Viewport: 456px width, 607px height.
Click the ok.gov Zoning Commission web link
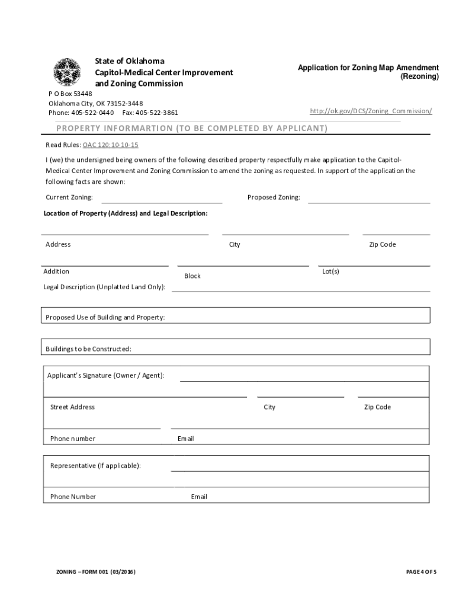371,111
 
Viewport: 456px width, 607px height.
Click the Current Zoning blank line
162,202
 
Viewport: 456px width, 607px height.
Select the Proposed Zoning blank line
368,202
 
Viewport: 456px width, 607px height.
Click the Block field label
192,276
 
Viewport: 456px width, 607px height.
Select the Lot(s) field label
330,271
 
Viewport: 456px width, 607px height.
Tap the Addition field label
56,271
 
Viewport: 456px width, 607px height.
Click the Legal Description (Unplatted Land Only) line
300,290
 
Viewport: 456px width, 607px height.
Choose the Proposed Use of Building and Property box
236,317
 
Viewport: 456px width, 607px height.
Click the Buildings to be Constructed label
89,349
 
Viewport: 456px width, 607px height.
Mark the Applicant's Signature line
304,380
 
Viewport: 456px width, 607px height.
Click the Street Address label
72,407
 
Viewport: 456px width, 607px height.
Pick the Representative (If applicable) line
300,470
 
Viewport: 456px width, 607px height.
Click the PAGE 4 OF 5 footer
421,572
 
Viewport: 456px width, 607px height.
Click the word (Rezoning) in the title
419,77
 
